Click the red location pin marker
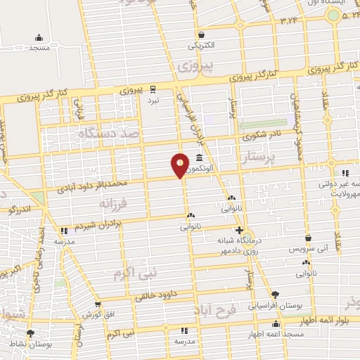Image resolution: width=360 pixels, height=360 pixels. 181,166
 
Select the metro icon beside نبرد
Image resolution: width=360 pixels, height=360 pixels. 153,89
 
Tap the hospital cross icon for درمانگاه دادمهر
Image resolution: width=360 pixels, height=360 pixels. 240,231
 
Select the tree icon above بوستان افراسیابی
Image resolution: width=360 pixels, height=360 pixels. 274,295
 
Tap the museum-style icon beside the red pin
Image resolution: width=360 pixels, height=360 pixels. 200,157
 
